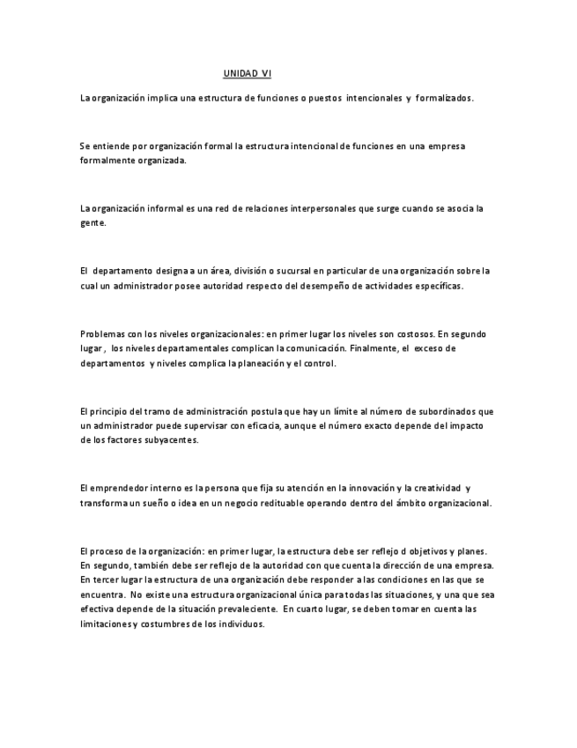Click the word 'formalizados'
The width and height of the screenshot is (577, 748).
[444, 98]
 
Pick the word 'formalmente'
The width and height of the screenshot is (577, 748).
[108, 161]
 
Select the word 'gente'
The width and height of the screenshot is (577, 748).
[92, 224]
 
